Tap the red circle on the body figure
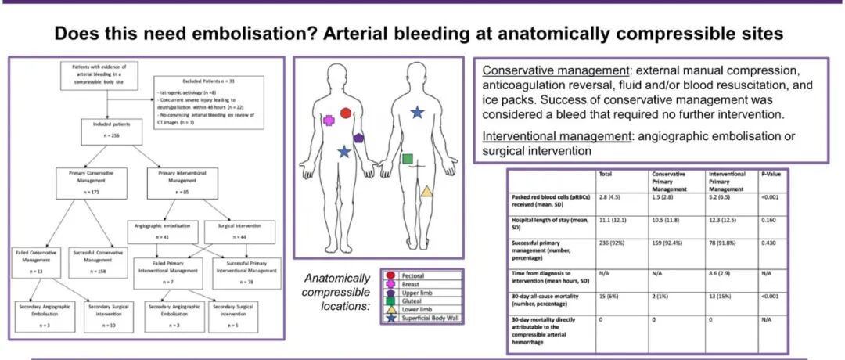pos(346,113)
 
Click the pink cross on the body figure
pos(329,121)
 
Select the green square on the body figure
pos(407,159)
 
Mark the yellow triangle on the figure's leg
pos(426,190)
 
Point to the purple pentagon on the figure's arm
pos(358,137)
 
